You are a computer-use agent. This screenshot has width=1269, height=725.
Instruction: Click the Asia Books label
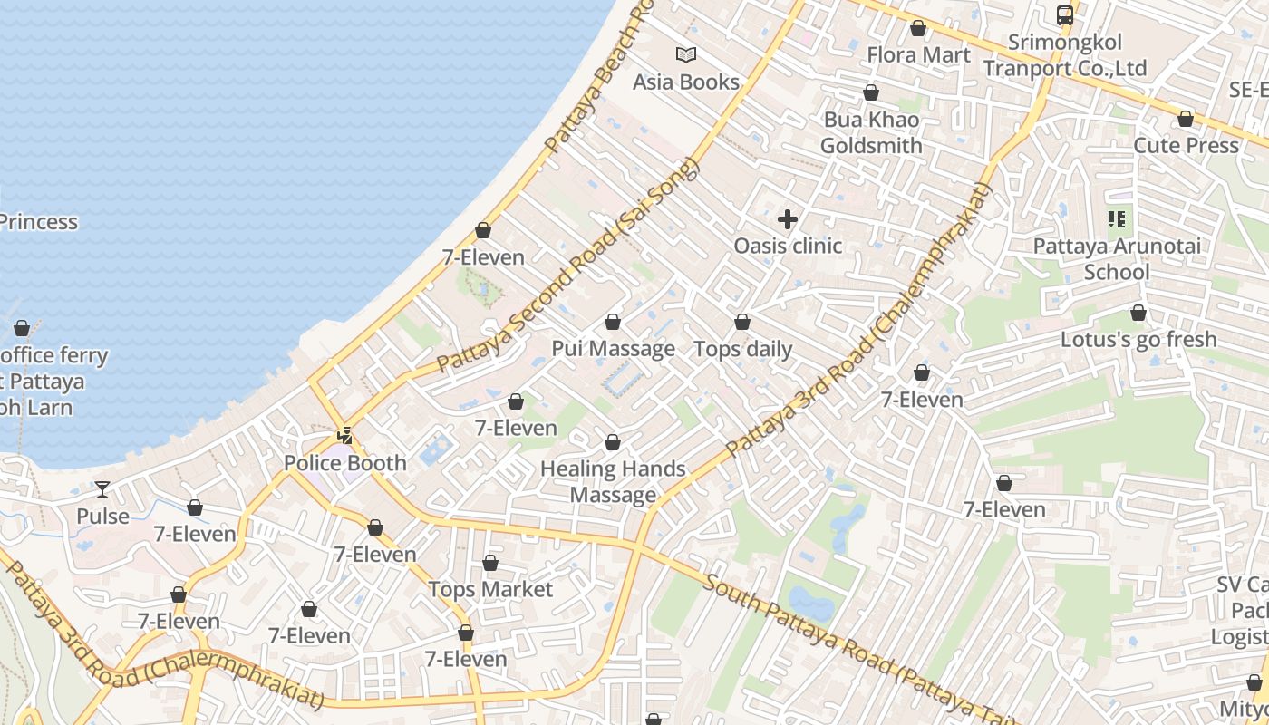tap(686, 82)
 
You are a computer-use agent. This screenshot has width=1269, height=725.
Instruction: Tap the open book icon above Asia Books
tap(686, 54)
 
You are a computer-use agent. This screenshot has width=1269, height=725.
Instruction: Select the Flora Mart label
tap(918, 54)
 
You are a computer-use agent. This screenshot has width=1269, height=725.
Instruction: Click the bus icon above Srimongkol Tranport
tap(1065, 14)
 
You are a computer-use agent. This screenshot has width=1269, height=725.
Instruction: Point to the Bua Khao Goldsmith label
tap(871, 132)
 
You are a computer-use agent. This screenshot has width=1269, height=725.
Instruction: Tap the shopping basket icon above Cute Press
tap(1186, 119)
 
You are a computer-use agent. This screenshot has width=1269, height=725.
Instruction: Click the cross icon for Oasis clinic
tap(788, 218)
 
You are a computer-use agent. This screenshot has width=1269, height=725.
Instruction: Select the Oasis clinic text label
tap(788, 246)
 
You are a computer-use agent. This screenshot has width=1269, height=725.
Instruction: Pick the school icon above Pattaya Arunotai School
tap(1117, 218)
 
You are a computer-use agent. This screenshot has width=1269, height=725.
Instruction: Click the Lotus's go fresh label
tap(1138, 339)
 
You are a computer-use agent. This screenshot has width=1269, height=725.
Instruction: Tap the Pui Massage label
tap(614, 349)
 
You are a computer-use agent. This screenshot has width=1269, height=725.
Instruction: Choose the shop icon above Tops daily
tap(742, 322)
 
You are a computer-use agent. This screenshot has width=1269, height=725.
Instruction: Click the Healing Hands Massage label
tap(613, 481)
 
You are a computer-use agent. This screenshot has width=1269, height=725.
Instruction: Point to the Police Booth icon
tap(344, 436)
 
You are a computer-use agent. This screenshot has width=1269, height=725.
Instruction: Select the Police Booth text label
tap(345, 463)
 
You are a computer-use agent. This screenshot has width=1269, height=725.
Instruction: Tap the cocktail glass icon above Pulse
tap(102, 489)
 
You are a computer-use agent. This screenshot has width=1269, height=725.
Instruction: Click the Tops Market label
tap(490, 589)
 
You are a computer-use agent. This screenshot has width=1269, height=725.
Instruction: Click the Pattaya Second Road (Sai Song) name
tap(571, 265)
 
